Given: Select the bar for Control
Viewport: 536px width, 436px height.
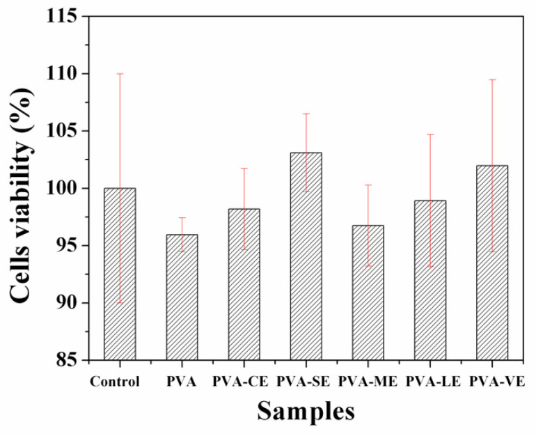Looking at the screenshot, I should click(120, 274).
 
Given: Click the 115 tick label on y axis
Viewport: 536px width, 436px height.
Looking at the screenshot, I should click(65, 16).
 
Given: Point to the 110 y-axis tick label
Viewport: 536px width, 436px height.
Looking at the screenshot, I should click(65, 74).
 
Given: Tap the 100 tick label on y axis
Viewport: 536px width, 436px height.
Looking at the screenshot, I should click(65, 189).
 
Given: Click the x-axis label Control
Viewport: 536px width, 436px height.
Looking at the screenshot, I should click(116, 382).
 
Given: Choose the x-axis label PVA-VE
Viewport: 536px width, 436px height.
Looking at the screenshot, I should click(496, 382).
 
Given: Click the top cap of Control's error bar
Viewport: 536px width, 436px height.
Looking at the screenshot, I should click(120, 73).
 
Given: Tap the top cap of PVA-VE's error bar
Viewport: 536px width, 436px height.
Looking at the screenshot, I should click(492, 79).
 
